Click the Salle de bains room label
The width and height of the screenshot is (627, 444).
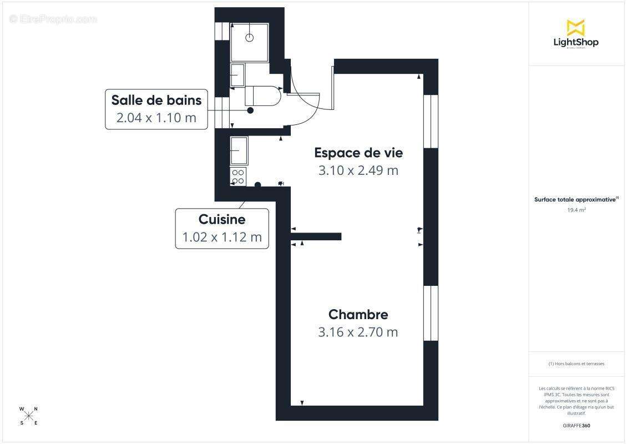[156, 100]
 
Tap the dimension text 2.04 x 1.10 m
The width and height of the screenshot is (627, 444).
[156, 118]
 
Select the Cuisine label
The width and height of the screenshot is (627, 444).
[222, 219]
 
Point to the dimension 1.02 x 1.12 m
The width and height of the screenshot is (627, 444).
[222, 237]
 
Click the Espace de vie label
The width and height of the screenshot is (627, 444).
[358, 153]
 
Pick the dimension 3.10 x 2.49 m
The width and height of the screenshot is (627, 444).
[358, 170]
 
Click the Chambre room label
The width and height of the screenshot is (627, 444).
[358, 315]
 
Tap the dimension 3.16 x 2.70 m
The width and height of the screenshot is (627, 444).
[358, 332]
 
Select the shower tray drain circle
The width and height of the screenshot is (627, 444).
[250, 38]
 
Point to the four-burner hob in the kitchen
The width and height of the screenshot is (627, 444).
[239, 177]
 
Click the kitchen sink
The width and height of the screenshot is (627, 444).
[239, 150]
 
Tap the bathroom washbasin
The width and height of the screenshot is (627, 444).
[237, 75]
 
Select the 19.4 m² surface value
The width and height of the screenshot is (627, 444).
[577, 210]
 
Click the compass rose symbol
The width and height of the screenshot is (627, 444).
[29, 416]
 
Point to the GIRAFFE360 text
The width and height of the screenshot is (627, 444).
[577, 425]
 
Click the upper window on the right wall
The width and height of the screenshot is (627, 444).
[431, 121]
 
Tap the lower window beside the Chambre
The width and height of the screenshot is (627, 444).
[431, 312]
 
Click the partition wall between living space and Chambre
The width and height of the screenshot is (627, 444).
[316, 236]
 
